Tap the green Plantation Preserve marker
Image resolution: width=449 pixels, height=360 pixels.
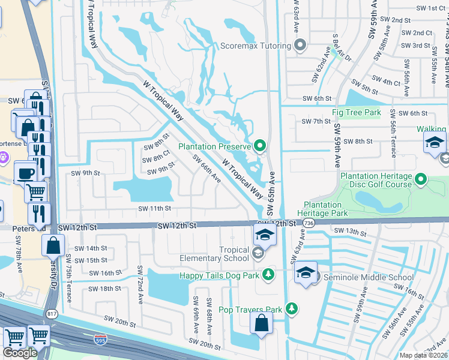260,145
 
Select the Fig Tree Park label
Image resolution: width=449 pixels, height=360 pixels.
357,112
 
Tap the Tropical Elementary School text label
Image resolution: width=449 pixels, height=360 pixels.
214,254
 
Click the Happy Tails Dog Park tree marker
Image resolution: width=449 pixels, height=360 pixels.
269,275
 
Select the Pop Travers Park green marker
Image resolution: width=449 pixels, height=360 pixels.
292,309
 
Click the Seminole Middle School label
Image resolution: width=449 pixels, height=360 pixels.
368,277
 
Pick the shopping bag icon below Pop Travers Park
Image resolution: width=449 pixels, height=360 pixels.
262,323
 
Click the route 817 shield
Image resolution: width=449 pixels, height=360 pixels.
51,313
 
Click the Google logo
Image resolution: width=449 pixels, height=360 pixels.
20,353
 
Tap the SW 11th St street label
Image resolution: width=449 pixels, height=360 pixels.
155,208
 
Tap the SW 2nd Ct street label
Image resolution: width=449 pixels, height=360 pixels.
417,33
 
